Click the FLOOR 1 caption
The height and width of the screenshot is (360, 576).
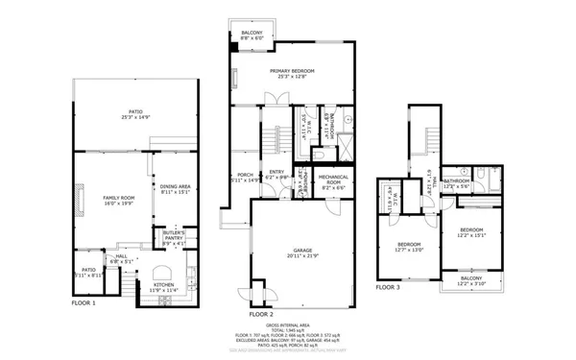(84, 304)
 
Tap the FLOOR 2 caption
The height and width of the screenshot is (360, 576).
(262, 314)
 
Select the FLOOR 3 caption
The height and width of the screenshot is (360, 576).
(388, 287)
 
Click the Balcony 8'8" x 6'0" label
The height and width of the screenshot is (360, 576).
(252, 34)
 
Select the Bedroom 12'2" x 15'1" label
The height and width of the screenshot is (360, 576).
(470, 231)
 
